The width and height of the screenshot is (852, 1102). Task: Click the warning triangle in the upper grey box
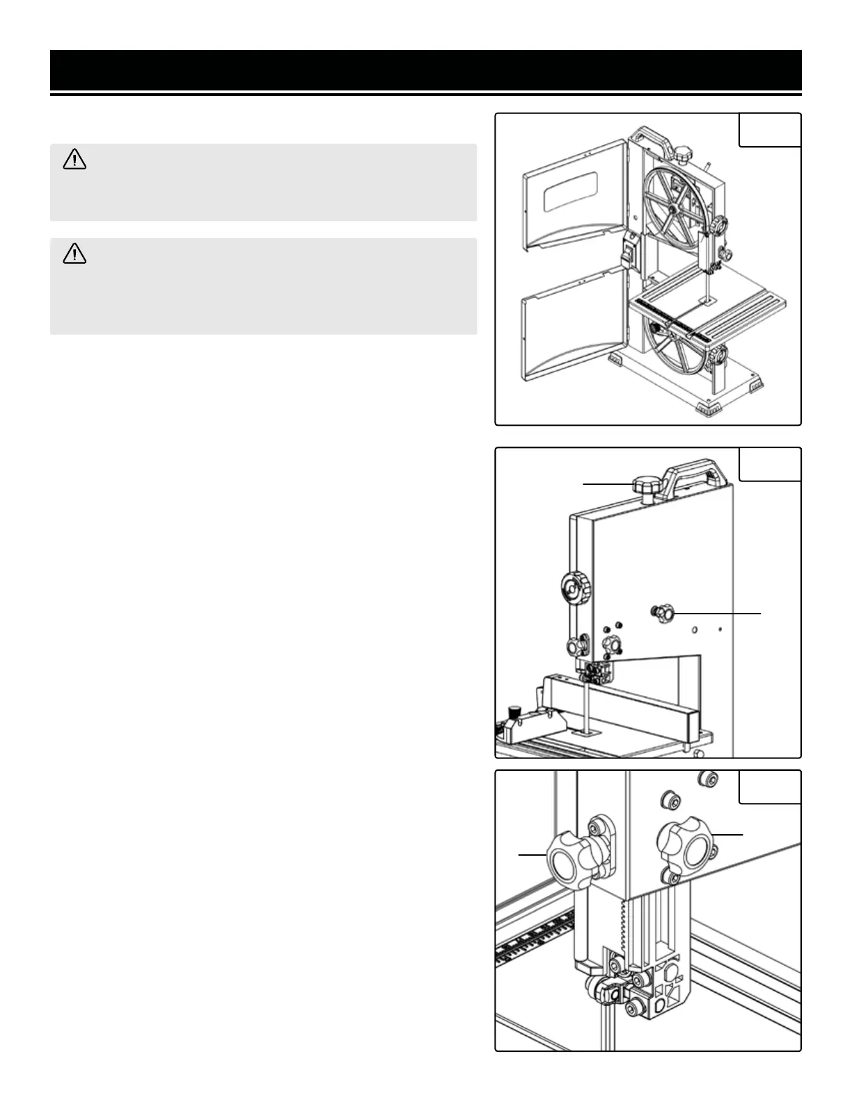pos(74,161)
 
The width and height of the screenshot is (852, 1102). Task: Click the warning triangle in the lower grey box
pos(74,255)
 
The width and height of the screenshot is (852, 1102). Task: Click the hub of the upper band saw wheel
pos(674,209)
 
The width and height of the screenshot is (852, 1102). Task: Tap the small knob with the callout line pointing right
pos(663,613)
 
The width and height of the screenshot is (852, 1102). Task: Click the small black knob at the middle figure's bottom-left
pos(514,712)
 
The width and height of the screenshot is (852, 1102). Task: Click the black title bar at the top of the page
pos(425,70)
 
